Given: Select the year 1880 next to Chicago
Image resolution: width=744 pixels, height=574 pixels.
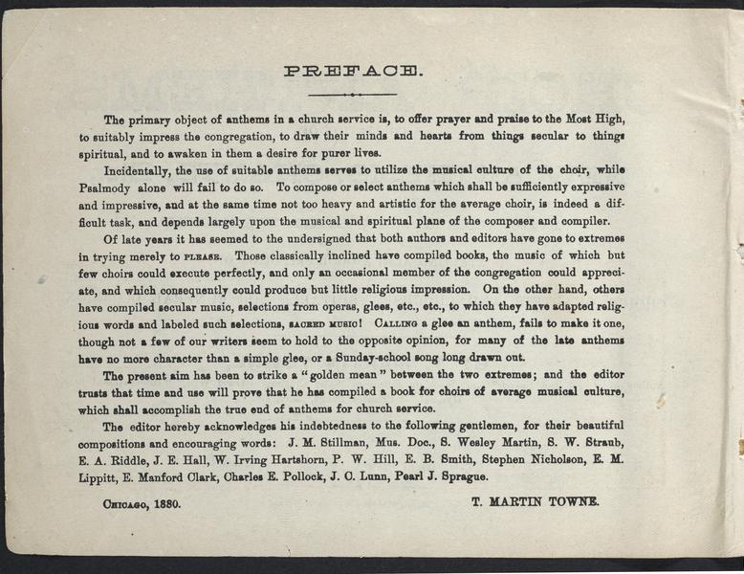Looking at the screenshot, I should (164, 501).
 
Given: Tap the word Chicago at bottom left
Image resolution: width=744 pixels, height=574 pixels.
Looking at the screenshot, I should (122, 501).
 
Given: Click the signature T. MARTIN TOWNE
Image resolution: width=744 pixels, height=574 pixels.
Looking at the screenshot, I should (536, 500).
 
